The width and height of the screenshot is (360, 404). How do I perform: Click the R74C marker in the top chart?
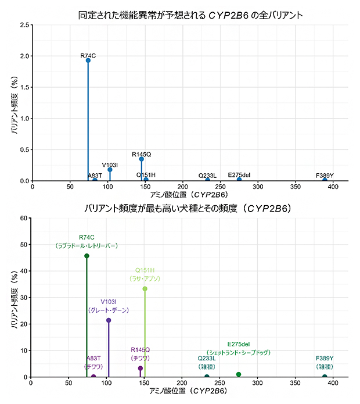point(88,60)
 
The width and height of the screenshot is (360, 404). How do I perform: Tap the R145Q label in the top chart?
point(141,154)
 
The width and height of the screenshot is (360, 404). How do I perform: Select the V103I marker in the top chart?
point(110,170)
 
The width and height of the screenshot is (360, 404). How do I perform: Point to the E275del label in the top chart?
point(239,174)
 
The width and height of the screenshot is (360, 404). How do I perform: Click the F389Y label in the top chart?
point(325,175)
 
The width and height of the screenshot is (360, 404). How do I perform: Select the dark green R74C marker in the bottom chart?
point(87,256)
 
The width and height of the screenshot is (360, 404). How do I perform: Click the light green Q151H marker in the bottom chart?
point(145,289)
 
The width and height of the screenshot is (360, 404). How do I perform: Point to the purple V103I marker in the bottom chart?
point(109,320)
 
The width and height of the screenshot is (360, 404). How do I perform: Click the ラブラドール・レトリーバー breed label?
point(87,246)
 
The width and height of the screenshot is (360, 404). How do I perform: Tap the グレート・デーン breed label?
point(109,310)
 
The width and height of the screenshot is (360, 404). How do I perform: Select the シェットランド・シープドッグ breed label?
point(239,352)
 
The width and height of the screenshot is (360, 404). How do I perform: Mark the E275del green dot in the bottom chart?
point(239,374)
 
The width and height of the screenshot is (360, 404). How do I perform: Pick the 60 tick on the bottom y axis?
point(24,219)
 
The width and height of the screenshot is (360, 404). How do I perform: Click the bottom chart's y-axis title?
point(14,298)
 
